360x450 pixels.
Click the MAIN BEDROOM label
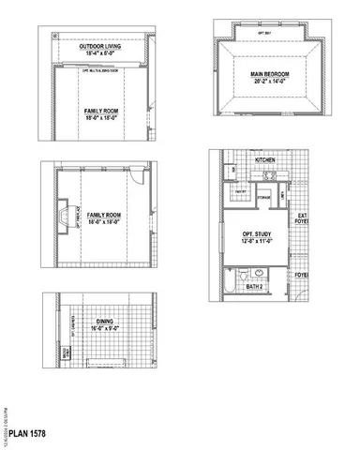point(269,73)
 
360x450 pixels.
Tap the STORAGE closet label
point(263,198)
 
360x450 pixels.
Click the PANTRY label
point(240,192)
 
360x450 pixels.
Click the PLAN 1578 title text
point(28,435)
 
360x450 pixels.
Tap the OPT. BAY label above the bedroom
point(269,33)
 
